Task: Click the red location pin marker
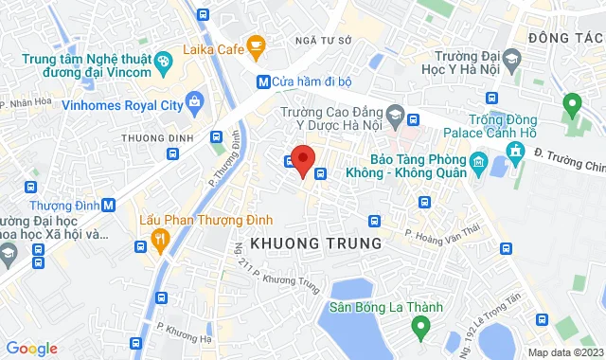click(x=302, y=160)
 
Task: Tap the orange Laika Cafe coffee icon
click(x=256, y=44)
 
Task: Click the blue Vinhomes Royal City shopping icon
click(x=195, y=99)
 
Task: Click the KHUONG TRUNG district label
click(x=315, y=243)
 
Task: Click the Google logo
click(x=31, y=349)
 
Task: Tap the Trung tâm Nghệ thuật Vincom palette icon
click(x=164, y=61)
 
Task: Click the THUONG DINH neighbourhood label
click(x=151, y=138)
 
